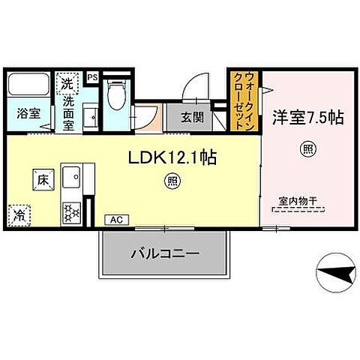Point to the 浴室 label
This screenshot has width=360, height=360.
[29, 115]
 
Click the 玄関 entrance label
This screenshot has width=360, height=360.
[193, 117]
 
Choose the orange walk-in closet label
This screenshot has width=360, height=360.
[244, 101]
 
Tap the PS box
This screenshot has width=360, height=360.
[92, 76]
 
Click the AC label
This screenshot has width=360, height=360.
[115, 220]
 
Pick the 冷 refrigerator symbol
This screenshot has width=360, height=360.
[19, 214]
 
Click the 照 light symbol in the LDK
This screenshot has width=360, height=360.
[172, 181]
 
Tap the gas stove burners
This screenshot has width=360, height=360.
[70, 211]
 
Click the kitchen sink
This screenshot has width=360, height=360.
[72, 179]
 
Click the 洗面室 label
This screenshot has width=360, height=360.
[67, 115]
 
